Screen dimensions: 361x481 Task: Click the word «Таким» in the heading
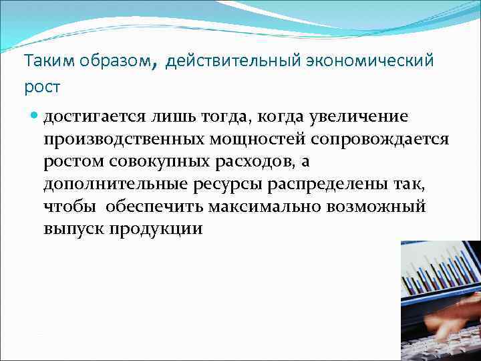pyautogui.click(x=43, y=62)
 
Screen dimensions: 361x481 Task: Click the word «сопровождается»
pyautogui.click(x=383, y=139)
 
